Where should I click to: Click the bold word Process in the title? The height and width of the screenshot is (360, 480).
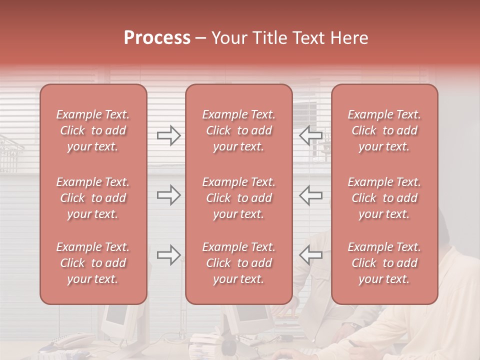157,38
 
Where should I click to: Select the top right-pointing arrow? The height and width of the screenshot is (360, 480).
168,135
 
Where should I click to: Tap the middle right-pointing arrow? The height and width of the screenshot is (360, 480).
168,195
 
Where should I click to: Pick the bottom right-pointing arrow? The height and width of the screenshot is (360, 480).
168,255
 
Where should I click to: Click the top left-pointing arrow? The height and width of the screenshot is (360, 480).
310,135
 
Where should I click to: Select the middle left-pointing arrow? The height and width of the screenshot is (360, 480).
310,195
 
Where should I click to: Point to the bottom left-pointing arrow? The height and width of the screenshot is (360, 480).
310,255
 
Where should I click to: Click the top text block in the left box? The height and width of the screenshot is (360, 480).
93,130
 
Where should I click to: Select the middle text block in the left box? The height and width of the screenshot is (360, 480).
93,198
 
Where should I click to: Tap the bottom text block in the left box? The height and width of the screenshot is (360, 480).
93,263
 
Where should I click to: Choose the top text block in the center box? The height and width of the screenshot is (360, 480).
239,130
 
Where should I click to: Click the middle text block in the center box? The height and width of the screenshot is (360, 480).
239,198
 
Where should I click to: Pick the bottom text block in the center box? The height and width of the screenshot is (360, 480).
239,263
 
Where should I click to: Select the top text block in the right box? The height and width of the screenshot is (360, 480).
384,130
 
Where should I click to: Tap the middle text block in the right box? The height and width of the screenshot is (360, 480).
384,198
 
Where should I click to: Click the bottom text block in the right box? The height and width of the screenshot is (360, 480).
384,263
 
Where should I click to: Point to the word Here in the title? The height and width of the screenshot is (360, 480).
349,38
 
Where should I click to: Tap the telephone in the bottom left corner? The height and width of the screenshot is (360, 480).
70,341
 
